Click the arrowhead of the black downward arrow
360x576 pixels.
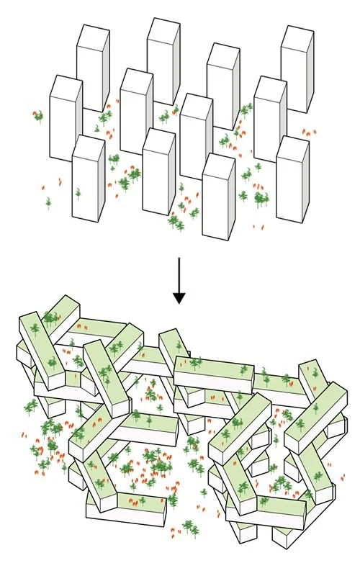tap(179, 297)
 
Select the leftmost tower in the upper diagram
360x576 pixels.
tap(64, 119)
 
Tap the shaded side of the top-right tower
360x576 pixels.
tap(310, 72)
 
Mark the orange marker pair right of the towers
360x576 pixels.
tap(308, 133)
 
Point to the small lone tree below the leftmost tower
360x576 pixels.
tap(49, 203)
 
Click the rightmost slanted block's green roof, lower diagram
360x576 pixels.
tap(317, 414)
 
